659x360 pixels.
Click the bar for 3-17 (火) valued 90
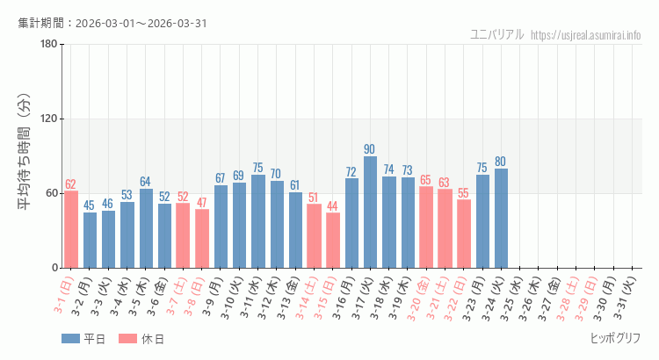pyautogui.click(x=370, y=212)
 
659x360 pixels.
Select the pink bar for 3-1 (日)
pyautogui.click(x=71, y=229)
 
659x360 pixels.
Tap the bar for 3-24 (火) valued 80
pyautogui.click(x=501, y=218)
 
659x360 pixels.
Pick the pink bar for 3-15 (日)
pyautogui.click(x=333, y=240)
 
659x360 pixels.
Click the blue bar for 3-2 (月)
pyautogui.click(x=90, y=240)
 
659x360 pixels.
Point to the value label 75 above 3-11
pyautogui.click(x=257, y=168)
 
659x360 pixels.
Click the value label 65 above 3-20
pyautogui.click(x=426, y=180)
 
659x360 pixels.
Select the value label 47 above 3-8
pyautogui.click(x=202, y=202)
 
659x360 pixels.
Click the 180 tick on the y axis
pyautogui.click(x=48, y=45)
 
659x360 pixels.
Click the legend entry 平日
pyautogui.click(x=83, y=339)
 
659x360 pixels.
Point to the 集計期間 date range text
pyautogui.click(x=112, y=23)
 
